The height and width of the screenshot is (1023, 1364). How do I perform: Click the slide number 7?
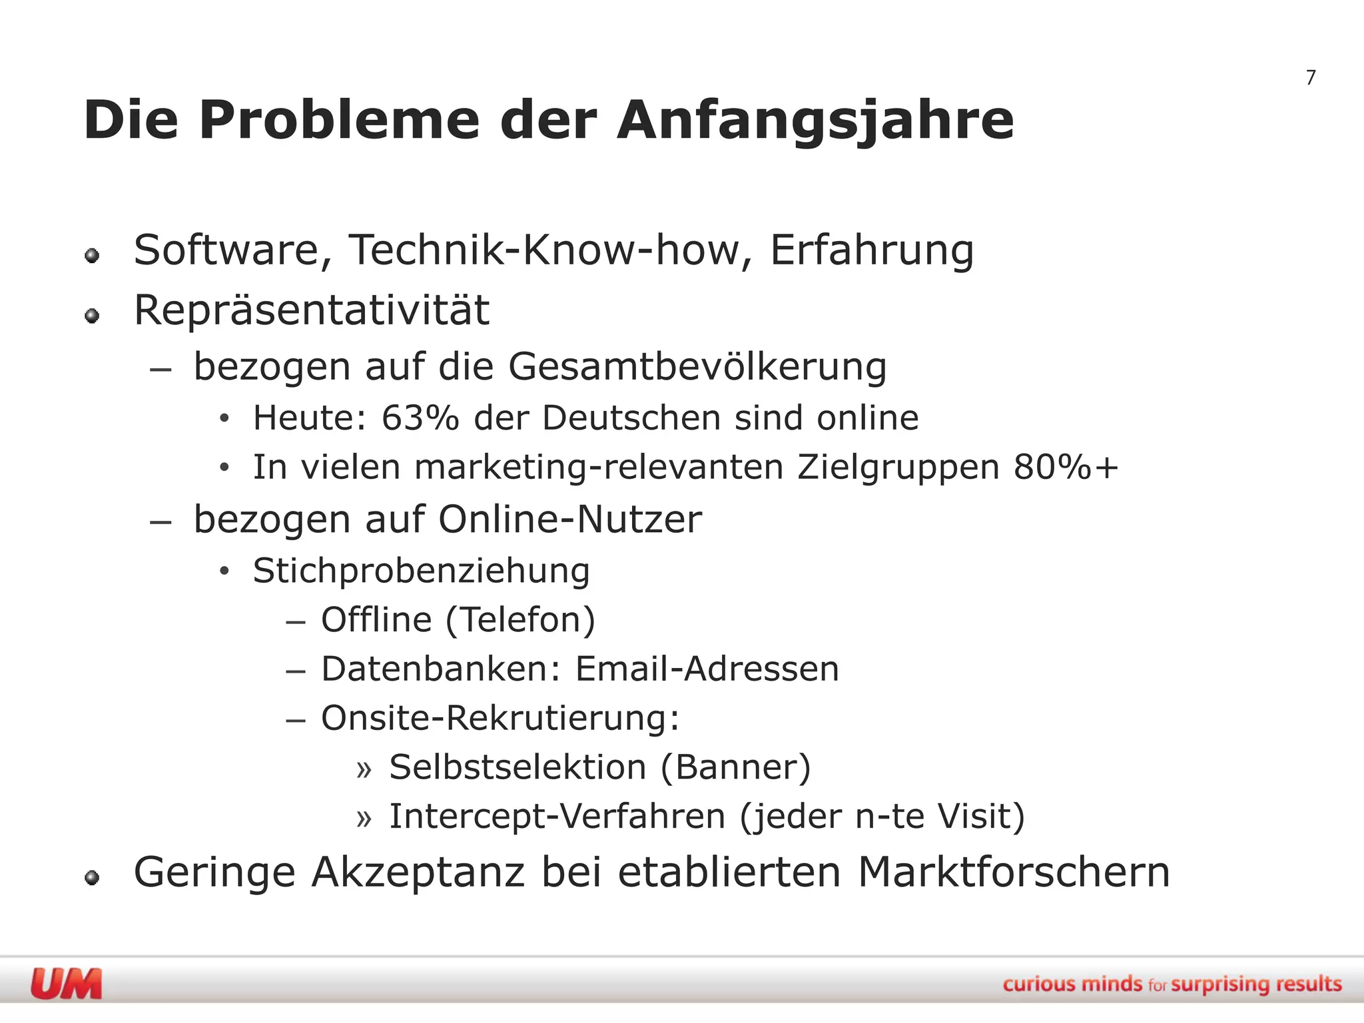(1311, 78)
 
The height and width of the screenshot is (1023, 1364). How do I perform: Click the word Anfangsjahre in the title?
(815, 121)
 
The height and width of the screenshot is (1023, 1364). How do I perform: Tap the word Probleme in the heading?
(339, 121)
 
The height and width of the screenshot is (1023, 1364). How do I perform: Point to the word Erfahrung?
(872, 250)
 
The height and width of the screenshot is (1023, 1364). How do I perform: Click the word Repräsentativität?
(312, 310)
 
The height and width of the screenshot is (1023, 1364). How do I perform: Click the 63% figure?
(420, 418)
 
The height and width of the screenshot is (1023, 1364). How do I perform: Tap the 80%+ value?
(1066, 467)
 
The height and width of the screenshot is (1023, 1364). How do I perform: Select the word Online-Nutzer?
(570, 519)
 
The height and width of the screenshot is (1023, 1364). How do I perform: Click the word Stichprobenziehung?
(421, 571)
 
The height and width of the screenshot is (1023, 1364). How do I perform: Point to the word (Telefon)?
(520, 620)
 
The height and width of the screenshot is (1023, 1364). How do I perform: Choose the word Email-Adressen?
(707, 669)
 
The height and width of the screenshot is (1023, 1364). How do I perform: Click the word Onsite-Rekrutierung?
(500, 718)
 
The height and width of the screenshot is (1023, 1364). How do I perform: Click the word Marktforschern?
(1014, 872)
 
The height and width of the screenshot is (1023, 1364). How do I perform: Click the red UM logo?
(67, 984)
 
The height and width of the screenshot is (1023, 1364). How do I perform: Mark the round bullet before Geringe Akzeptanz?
(93, 878)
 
